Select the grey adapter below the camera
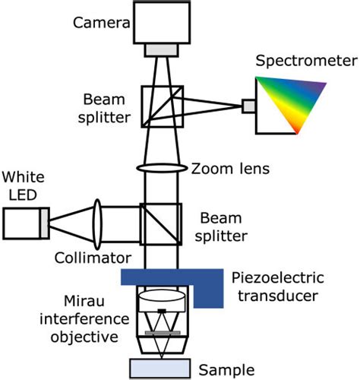[x=162, y=49]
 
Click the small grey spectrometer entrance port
[x=248, y=106]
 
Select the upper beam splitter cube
[x=162, y=106]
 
